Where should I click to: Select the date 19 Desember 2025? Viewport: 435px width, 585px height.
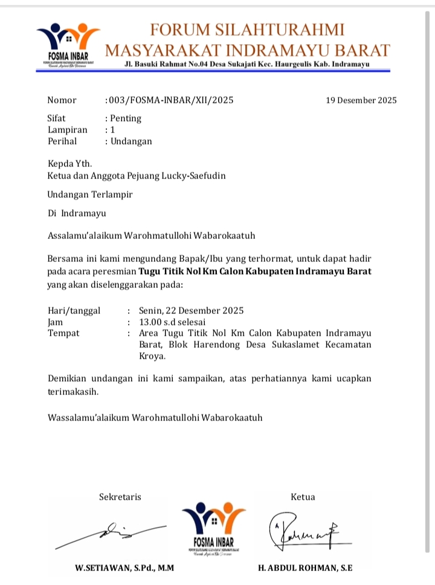(361, 100)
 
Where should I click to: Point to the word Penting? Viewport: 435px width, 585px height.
(125, 119)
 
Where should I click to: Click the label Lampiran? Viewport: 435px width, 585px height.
(67, 130)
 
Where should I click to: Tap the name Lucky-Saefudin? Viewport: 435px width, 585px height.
(197, 176)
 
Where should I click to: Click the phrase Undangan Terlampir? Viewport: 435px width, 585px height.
(90, 195)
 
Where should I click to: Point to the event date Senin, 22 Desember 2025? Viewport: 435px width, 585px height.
(191, 311)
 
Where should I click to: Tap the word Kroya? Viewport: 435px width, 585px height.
(152, 356)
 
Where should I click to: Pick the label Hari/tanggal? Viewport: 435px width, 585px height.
(74, 311)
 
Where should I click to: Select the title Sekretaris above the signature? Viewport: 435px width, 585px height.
(120, 497)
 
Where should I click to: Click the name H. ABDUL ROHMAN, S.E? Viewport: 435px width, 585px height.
(305, 568)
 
